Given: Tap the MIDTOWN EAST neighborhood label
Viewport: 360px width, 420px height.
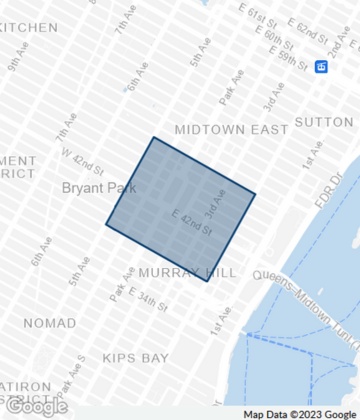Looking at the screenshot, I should (x=231, y=130).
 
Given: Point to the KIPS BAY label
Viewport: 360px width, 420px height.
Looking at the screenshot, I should (x=134, y=357).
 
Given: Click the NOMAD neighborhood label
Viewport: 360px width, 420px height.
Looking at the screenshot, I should (x=47, y=323).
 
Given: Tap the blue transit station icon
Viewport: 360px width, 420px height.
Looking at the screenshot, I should (x=321, y=66).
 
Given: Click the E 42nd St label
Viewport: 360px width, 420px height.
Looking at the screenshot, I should (x=192, y=222).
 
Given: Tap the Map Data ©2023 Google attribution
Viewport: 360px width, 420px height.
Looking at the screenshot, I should (x=298, y=413).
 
